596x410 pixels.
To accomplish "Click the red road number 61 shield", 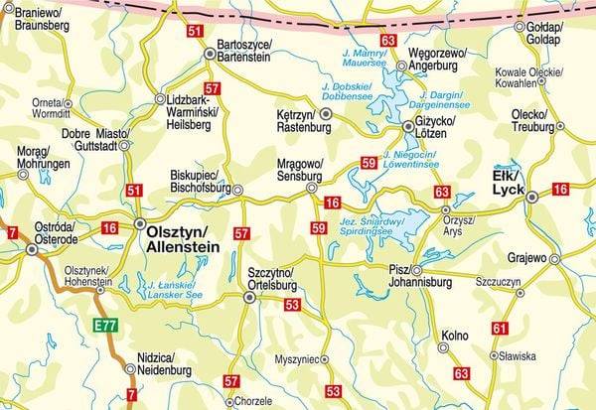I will pyautogui.click(x=500, y=328).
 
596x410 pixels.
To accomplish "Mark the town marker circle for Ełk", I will pyautogui.click(x=532, y=197).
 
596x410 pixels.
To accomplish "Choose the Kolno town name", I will pyautogui.click(x=454, y=336).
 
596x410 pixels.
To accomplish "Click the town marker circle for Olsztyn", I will pyautogui.click(x=140, y=223).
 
